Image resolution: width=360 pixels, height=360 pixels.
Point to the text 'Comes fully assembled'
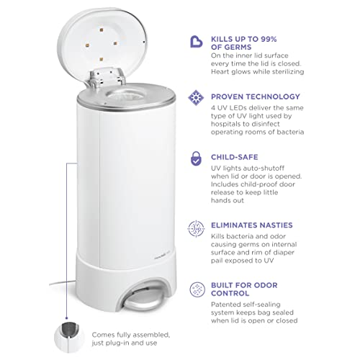point(130,334)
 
